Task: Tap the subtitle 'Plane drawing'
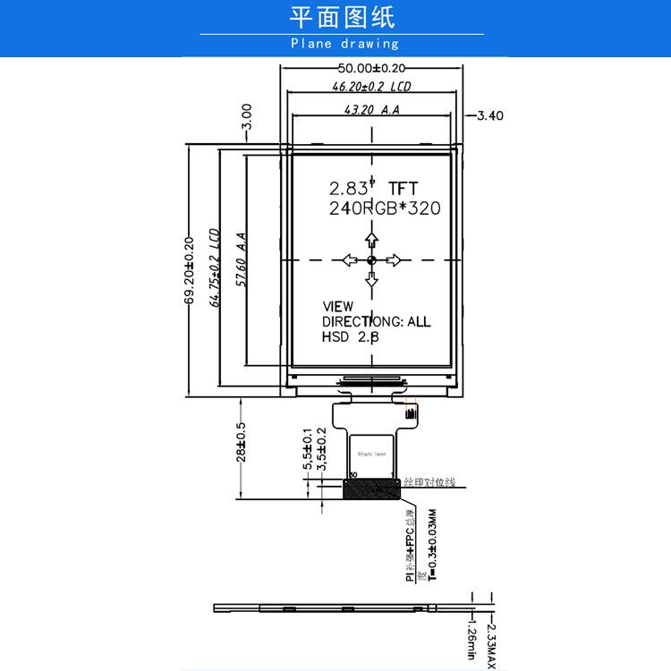tap(344, 43)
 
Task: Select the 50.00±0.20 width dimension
tap(371, 68)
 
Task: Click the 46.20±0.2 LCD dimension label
tap(371, 88)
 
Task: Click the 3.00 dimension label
tap(247, 117)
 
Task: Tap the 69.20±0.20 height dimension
tap(189, 270)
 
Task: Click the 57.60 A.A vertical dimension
tap(241, 259)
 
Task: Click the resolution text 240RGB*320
tap(385, 208)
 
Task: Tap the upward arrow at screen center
tap(370, 239)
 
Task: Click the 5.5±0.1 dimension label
tap(308, 448)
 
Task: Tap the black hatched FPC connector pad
tap(370, 489)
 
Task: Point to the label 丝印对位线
tap(429, 482)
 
